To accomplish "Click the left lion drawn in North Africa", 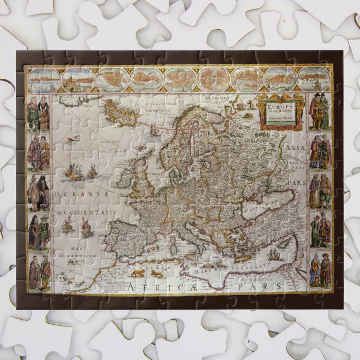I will pyautogui.click(x=138, y=273).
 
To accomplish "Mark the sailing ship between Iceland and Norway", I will pyautogui.click(x=154, y=129).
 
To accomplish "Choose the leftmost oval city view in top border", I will pyautogui.click(x=44, y=80).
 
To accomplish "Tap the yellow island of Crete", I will pyautogui.click(x=240, y=259).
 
